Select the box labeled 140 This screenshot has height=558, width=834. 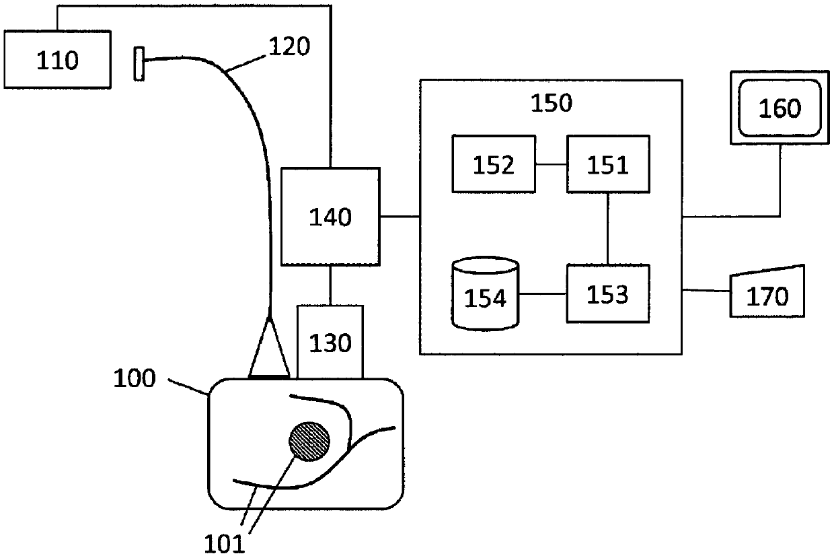tap(330, 217)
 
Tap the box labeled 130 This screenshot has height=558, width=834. tap(330, 342)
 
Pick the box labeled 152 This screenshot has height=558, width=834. tap(494, 164)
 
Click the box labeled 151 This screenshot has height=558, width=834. tap(608, 164)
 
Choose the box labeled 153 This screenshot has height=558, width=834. tap(608, 294)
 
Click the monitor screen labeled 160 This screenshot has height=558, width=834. tap(780, 108)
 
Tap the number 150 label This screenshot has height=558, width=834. tap(552, 104)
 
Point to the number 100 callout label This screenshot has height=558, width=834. tap(134, 378)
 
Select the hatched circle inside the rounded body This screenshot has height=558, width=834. tap(309, 442)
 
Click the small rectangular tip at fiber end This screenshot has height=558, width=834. tap(139, 64)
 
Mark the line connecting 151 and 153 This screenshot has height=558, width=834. tap(608, 229)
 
